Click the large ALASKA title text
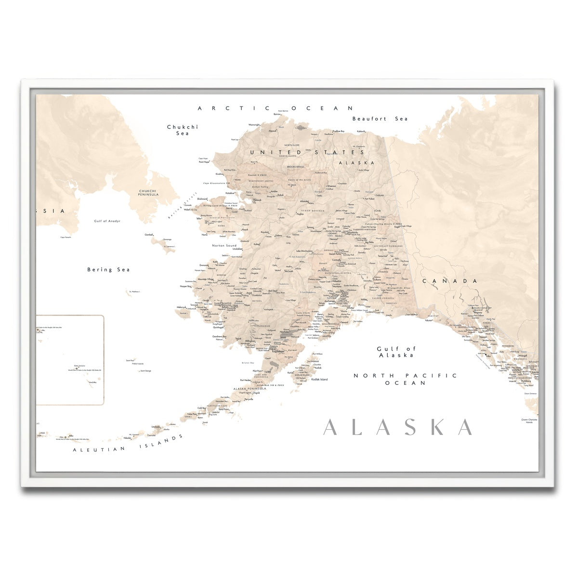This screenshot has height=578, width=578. pyautogui.click(x=398, y=427)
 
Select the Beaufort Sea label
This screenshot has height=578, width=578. pyautogui.click(x=380, y=118)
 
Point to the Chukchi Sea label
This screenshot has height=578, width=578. pyautogui.click(x=182, y=130)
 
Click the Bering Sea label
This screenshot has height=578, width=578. pyautogui.click(x=108, y=270)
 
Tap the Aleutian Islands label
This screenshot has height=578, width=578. pyautogui.click(x=128, y=443)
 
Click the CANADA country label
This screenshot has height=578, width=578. pyautogui.click(x=450, y=281)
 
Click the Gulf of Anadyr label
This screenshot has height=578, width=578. pyautogui.click(x=107, y=221)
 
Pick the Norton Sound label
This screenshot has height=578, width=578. pyautogui.click(x=224, y=246)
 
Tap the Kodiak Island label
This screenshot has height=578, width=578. pyautogui.click(x=319, y=380)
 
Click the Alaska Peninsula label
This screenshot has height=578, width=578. pyautogui.click(x=250, y=389)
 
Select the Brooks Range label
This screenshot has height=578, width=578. pyautogui.click(x=295, y=167)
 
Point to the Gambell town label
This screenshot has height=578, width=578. pyautogui.click(x=148, y=235)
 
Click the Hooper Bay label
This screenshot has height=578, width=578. pyautogui.click(x=185, y=286)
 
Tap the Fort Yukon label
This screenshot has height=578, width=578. pyautogui.click(x=369, y=198)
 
